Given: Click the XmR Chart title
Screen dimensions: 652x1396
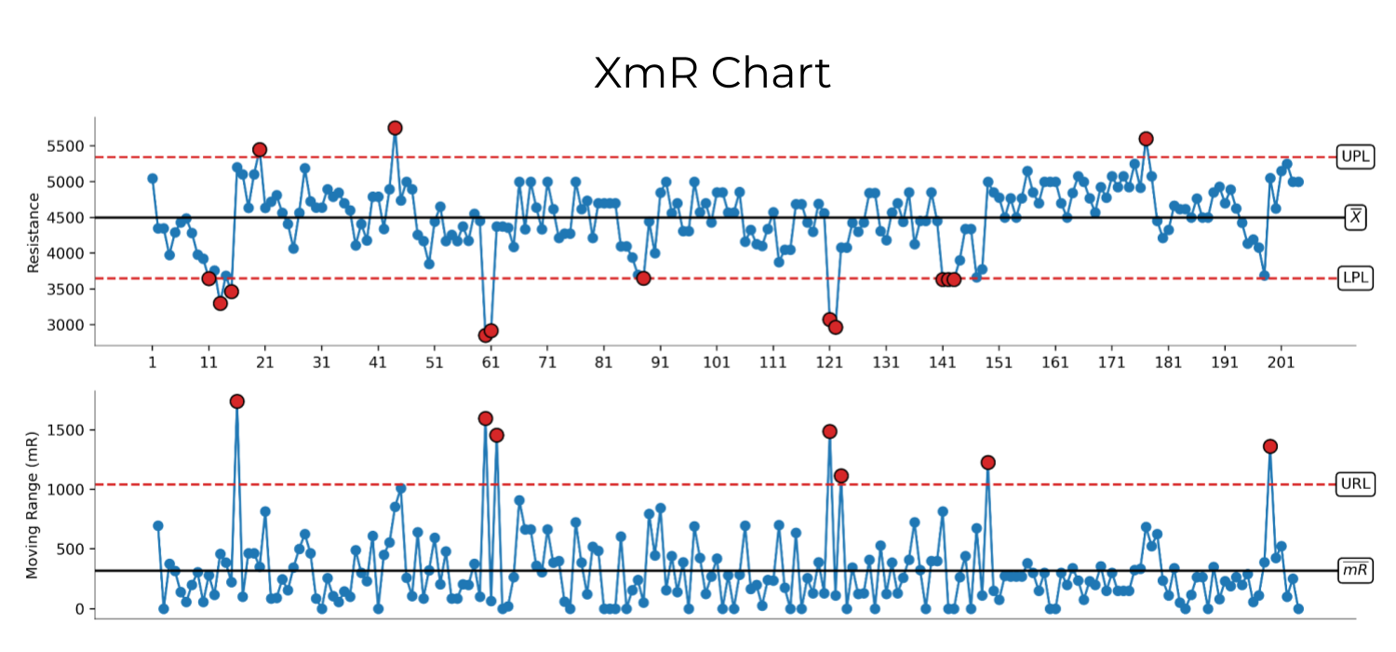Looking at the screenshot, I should point(712,74).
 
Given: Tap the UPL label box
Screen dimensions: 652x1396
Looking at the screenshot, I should point(1355,156).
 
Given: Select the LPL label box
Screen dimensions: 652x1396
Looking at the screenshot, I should point(1355,278).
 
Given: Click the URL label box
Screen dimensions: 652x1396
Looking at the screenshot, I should point(1355,483).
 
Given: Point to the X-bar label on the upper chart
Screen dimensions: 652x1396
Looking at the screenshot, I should point(1356,217).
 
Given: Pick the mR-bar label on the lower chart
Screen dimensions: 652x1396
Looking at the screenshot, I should point(1355,570).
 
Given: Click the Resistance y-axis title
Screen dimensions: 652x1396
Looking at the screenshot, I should point(34,232).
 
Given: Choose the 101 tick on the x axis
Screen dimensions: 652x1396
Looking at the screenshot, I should point(716,362).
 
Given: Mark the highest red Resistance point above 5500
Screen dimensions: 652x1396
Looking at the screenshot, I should point(395,128).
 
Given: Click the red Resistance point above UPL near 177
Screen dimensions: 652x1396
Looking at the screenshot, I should point(1146,139).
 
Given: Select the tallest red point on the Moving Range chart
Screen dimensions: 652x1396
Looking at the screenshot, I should point(237,401).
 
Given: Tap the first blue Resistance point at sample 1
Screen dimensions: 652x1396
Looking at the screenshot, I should point(153,178).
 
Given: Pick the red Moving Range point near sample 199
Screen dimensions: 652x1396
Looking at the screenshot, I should point(1269,446).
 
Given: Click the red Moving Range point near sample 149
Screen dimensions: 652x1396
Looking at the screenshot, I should point(988,463).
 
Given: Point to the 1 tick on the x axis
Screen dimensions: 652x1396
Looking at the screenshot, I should point(153,362).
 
